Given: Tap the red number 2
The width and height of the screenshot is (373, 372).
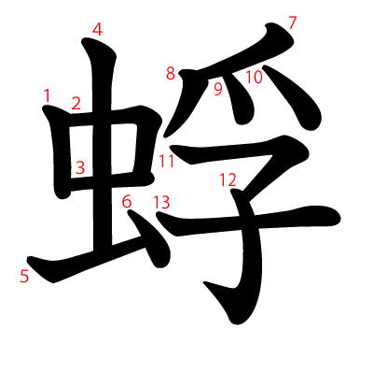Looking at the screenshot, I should click(76, 103).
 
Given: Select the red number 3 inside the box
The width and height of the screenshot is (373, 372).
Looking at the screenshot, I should click(80, 168).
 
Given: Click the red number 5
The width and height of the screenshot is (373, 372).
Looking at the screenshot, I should click(24, 276).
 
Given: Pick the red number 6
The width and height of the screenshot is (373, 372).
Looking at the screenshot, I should click(127, 201).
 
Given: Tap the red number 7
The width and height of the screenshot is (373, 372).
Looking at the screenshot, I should click(292, 22).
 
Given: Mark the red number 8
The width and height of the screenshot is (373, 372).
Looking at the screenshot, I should click(171, 73).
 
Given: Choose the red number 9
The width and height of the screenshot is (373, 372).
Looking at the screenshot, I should click(218, 89).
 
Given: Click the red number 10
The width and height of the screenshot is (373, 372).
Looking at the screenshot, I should click(254, 77).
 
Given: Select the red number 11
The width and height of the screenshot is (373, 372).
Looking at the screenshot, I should click(166, 161).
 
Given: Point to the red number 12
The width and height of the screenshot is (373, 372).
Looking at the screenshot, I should click(227, 179).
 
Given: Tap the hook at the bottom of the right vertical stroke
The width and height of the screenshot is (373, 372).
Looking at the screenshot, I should click(224, 299).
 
